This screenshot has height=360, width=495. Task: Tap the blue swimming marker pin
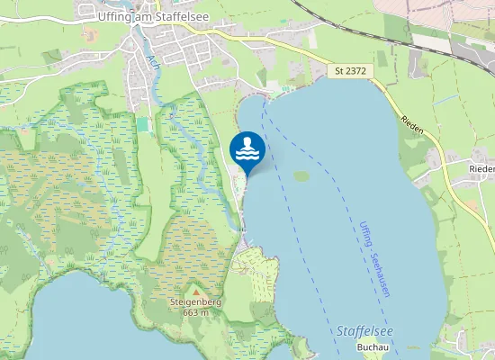click(x=247, y=150)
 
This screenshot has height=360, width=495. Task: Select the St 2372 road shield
click(x=350, y=70)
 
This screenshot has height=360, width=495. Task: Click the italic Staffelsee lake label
click(x=364, y=331)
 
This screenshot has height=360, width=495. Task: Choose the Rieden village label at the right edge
click(x=481, y=169)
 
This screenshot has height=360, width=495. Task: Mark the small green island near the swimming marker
click(x=301, y=175)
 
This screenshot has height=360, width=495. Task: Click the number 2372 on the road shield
click(x=355, y=70)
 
